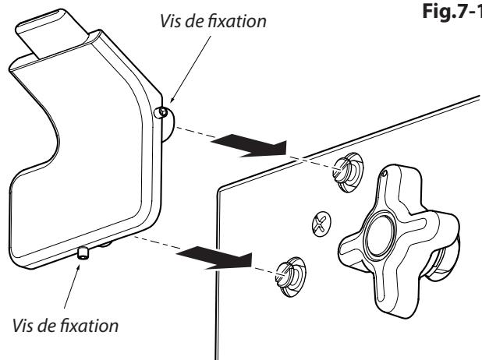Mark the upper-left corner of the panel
221,187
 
